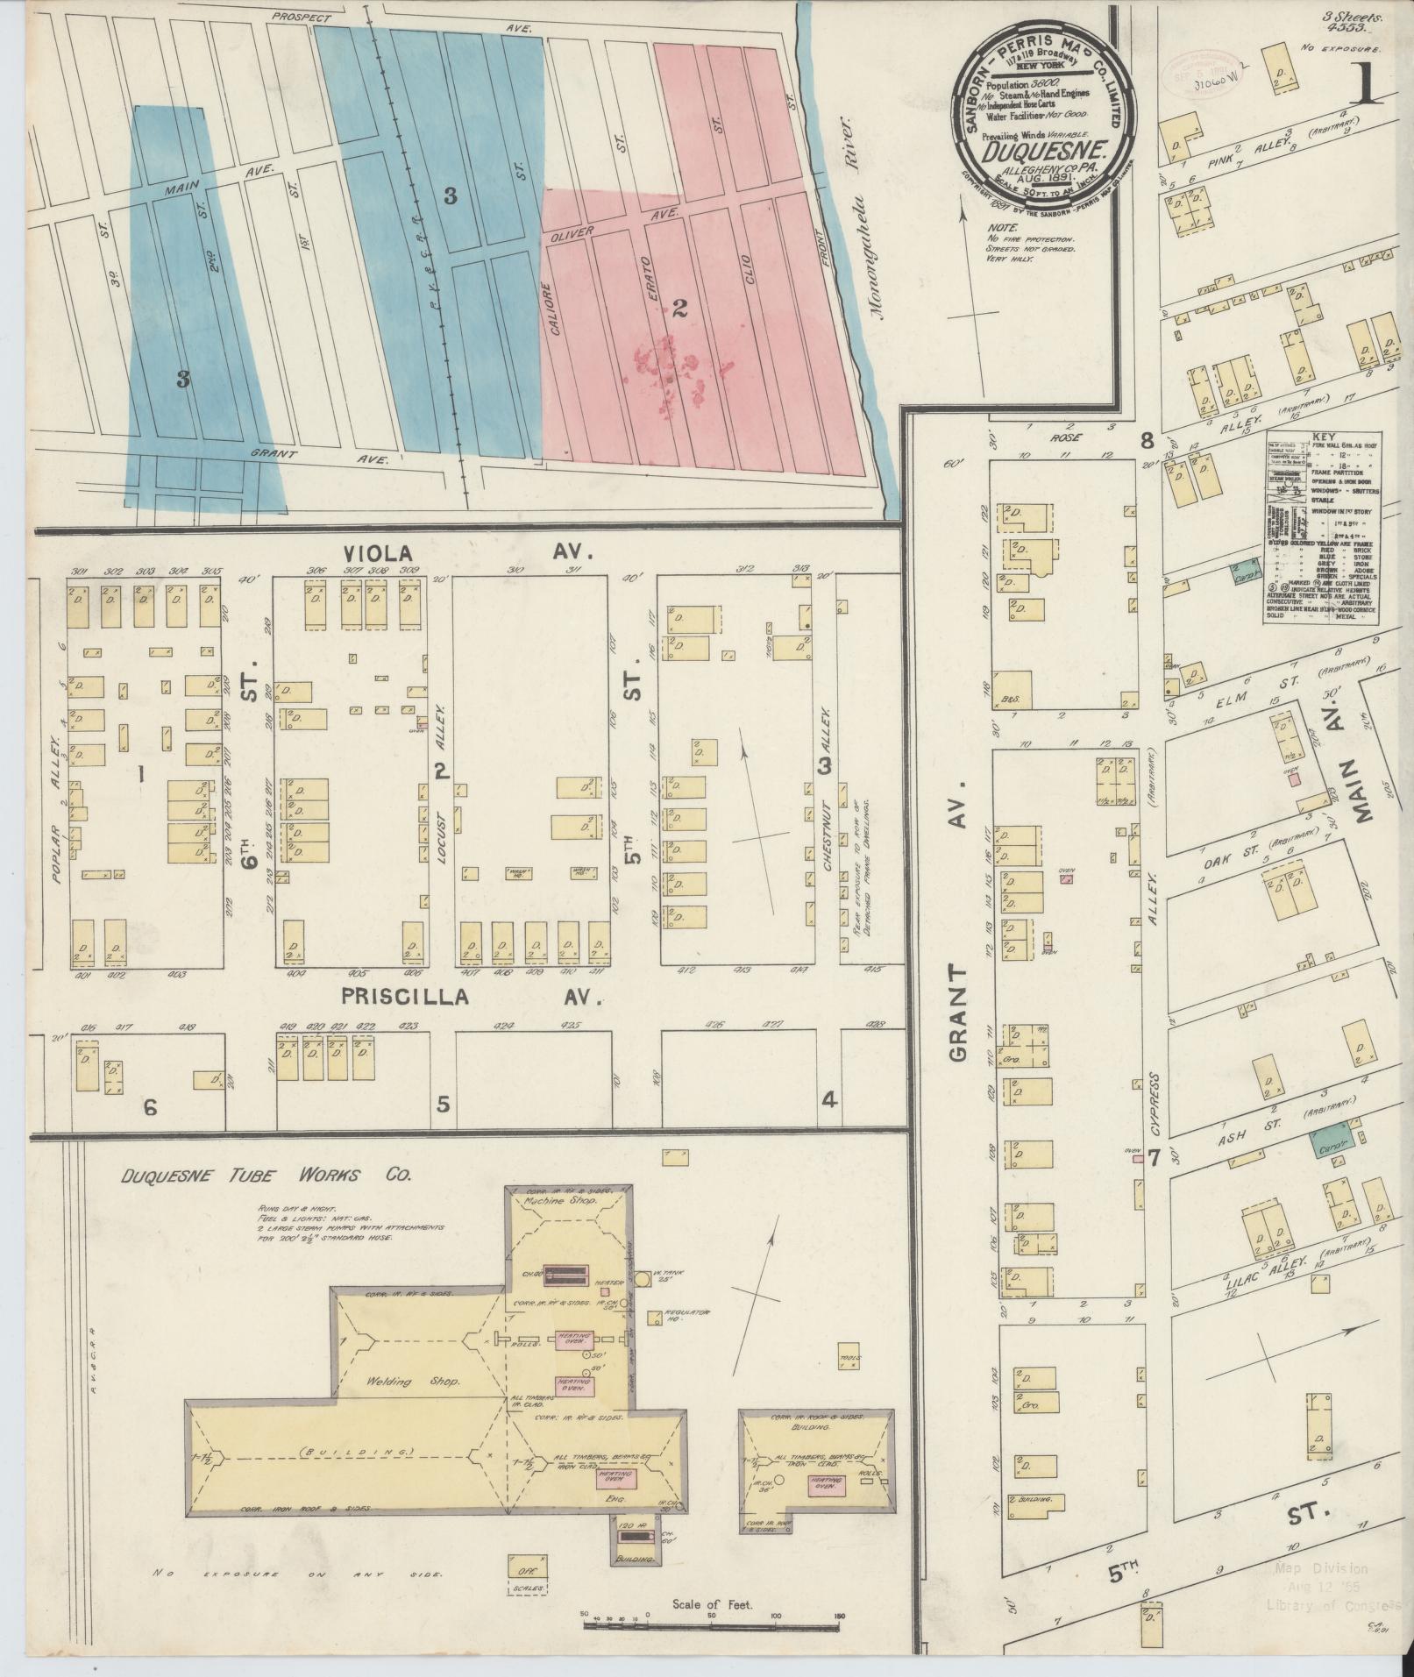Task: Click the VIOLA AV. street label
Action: [469, 552]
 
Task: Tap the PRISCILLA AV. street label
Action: [469, 997]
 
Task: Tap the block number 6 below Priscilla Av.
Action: [150, 1108]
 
